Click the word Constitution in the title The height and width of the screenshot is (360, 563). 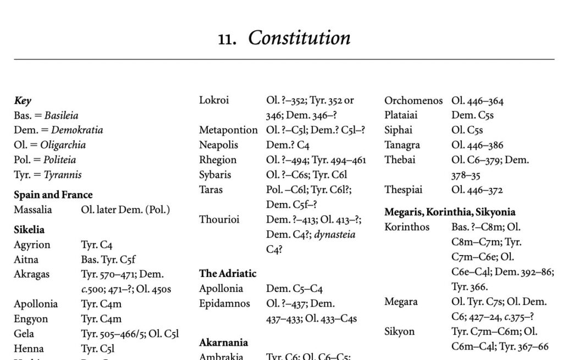click(299, 38)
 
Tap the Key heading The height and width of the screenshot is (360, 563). click(23, 101)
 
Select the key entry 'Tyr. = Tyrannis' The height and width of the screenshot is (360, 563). click(48, 175)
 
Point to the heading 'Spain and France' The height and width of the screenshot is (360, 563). click(53, 195)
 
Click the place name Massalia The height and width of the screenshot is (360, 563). click(33, 209)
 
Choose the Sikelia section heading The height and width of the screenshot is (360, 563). click(29, 230)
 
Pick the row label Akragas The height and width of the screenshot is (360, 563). click(32, 274)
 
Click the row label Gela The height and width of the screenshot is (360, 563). click(24, 334)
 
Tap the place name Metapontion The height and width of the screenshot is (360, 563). click(228, 130)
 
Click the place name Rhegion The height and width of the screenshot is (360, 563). click(218, 160)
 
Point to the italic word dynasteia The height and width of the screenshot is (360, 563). click(335, 234)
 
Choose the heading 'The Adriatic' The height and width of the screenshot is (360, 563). click(228, 274)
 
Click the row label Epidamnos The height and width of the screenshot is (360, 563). click(224, 303)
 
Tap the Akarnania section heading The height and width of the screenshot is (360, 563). click(224, 342)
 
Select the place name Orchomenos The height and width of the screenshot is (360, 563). click(413, 101)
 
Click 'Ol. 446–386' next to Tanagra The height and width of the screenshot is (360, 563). click(477, 145)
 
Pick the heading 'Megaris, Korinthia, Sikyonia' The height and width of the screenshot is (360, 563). click(450, 212)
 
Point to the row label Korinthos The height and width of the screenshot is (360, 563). click(407, 227)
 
